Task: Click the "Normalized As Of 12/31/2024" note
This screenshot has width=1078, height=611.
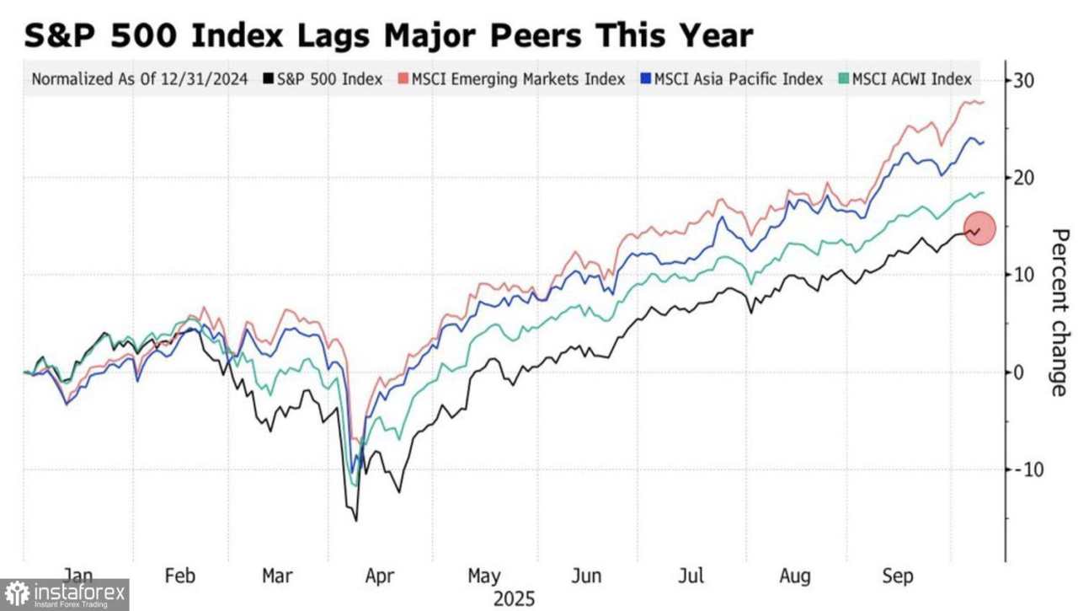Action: pyautogui.click(x=140, y=79)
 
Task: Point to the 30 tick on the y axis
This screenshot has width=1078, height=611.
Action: pyautogui.click(x=1024, y=81)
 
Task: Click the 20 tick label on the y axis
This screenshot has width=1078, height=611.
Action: pyautogui.click(x=1024, y=178)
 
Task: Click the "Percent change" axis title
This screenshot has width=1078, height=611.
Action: pyautogui.click(x=1059, y=312)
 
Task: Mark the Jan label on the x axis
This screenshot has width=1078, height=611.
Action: pyautogui.click(x=78, y=576)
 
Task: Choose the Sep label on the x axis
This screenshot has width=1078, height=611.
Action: pyautogui.click(x=897, y=576)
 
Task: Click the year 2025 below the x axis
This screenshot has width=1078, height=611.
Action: pyautogui.click(x=514, y=599)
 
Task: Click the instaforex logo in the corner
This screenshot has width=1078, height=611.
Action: pyautogui.click(x=65, y=595)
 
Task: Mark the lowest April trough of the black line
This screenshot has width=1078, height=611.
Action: pyautogui.click(x=356, y=521)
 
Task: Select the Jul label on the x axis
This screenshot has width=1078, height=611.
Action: pyautogui.click(x=691, y=576)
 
